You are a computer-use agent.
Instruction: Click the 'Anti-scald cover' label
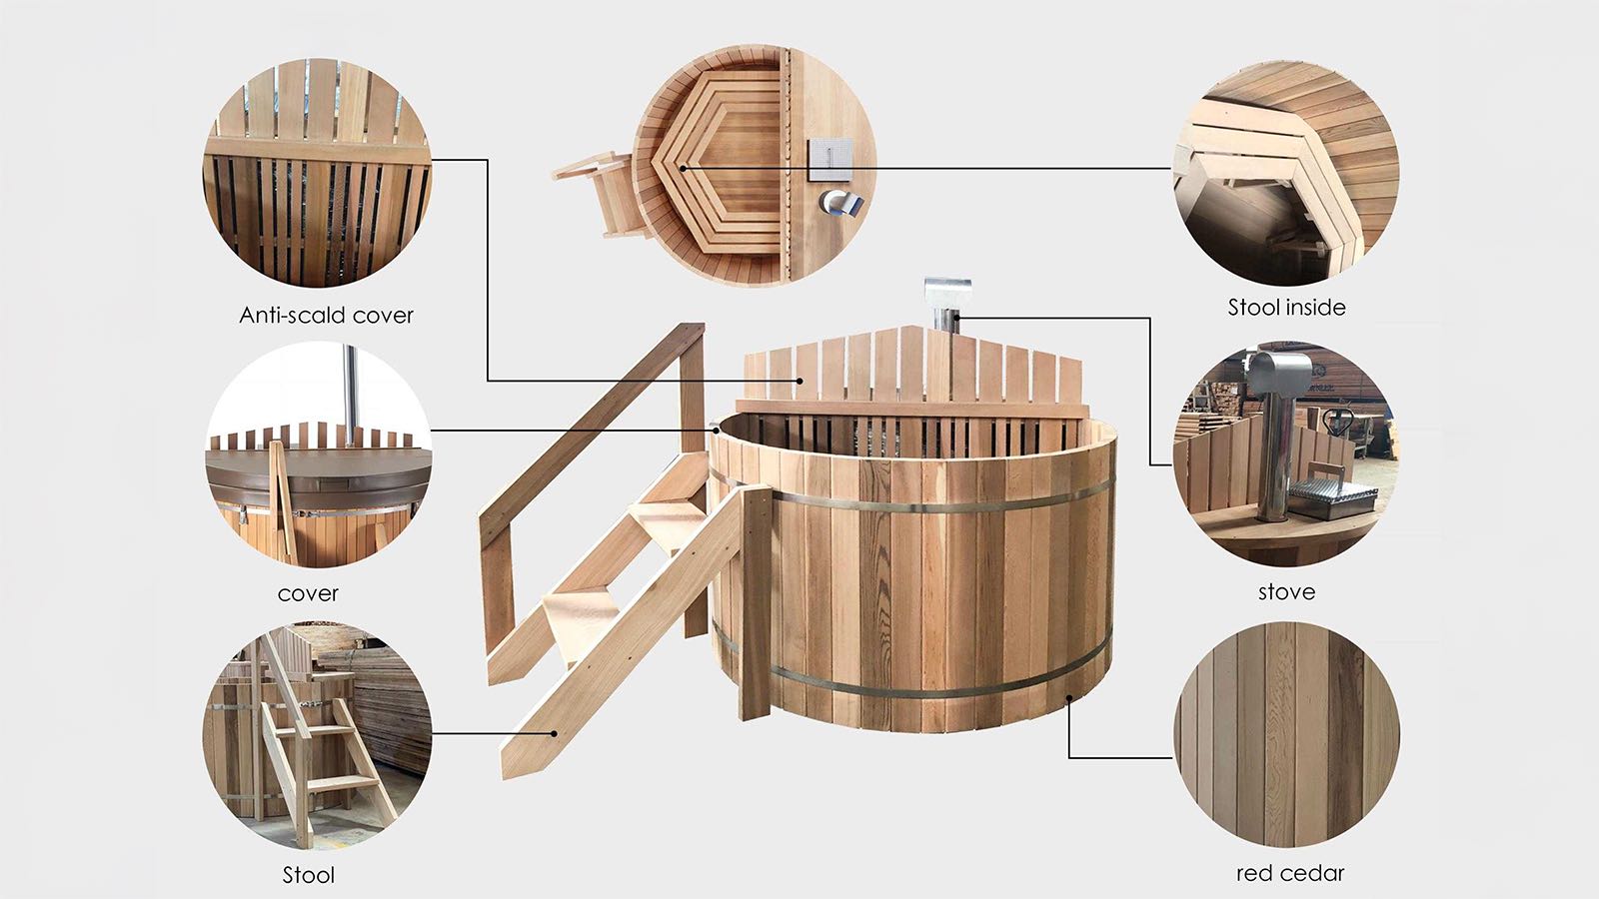coord(326,316)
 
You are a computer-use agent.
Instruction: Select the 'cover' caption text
coord(308,593)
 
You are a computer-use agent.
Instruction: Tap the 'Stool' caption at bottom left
coord(309,875)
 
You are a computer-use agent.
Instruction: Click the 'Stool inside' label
coord(1286,308)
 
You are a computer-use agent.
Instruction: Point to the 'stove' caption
coord(1286,591)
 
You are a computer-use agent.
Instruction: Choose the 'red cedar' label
coord(1290,873)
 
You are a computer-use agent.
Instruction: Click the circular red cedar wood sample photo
coord(1286,735)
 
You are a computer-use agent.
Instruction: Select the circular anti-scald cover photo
coord(318,173)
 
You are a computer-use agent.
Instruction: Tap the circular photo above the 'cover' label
coord(318,455)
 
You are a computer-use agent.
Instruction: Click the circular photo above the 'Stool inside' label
coord(1286,173)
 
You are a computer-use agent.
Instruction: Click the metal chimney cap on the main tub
coord(947,293)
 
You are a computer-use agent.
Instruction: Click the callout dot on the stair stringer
coord(554,733)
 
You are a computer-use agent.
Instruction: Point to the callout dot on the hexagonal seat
coord(684,169)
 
